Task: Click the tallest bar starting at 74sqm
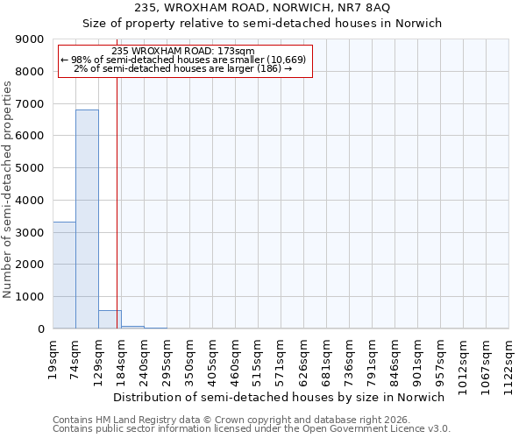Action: point(87,219)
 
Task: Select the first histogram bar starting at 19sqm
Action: point(64,275)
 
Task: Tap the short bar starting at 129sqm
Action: point(110,320)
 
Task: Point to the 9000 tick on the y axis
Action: point(32,39)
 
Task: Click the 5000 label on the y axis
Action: point(32,168)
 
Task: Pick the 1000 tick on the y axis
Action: point(32,297)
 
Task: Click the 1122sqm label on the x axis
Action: point(509,358)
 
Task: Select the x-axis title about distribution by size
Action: point(280,397)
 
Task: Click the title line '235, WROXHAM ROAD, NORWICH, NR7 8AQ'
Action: point(262,8)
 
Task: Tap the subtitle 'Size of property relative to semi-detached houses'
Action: point(262,24)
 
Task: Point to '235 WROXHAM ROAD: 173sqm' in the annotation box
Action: point(184,51)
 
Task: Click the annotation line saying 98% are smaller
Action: point(183,60)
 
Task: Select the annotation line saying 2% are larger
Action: point(183,68)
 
